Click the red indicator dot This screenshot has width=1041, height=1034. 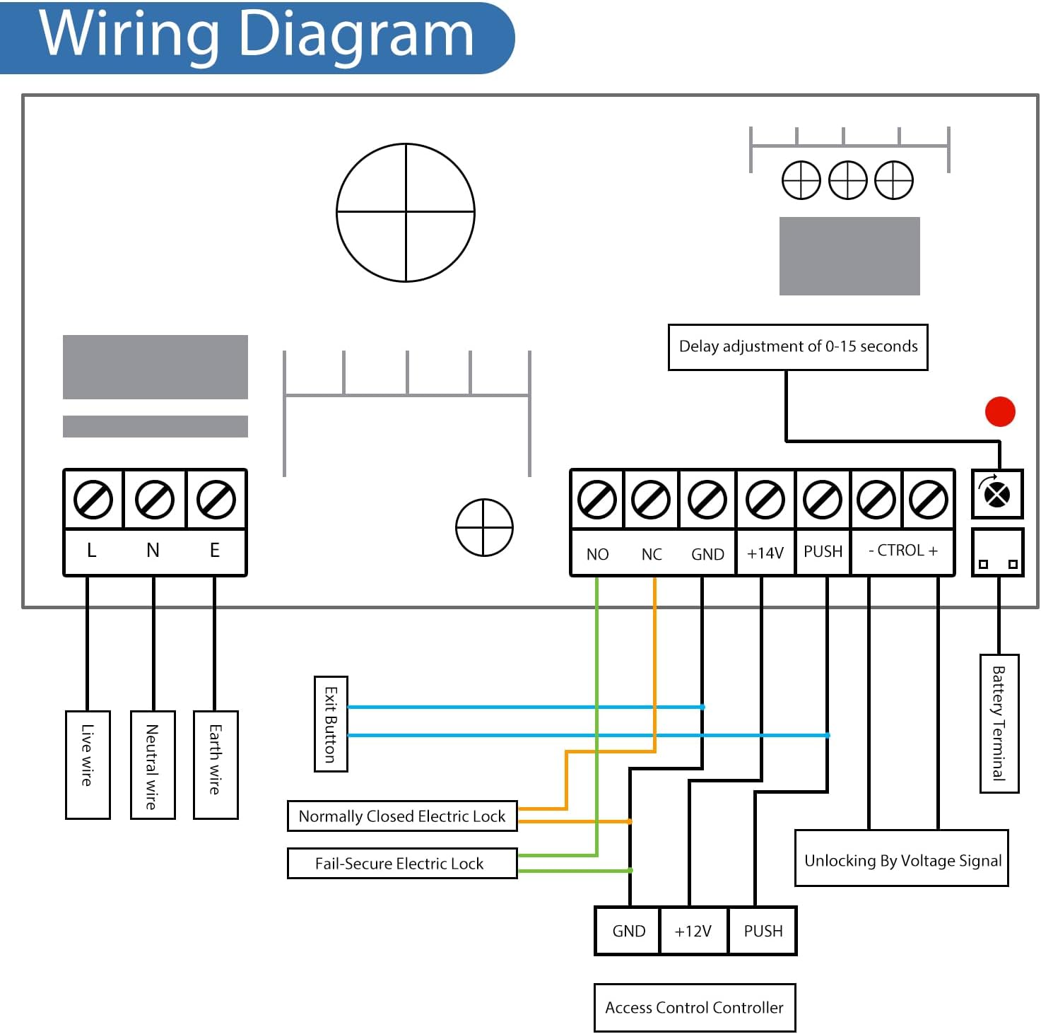tap(1000, 411)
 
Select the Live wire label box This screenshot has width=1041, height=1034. tap(88, 765)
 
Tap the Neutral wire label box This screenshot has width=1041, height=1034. tap(153, 765)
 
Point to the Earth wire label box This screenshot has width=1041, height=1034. tap(216, 765)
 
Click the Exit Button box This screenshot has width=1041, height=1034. tap(331, 724)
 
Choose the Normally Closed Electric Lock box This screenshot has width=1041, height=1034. tap(402, 816)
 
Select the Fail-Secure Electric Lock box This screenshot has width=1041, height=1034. tap(402, 863)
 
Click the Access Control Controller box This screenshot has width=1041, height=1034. tap(695, 1007)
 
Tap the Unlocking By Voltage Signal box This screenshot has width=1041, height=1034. tap(902, 859)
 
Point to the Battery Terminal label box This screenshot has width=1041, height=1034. tap(999, 723)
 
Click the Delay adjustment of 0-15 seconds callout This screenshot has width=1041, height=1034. tap(798, 347)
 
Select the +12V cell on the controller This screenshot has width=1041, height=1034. tap(693, 931)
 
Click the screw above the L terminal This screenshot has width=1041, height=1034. tap(93, 499)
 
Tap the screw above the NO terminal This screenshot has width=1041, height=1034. tap(597, 499)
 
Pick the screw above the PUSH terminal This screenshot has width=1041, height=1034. tap(823, 499)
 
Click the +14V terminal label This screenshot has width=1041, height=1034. tap(765, 553)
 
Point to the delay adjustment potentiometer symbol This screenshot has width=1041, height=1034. tap(997, 493)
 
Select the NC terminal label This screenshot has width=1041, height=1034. tap(652, 554)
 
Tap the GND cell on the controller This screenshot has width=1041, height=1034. tap(629, 931)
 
